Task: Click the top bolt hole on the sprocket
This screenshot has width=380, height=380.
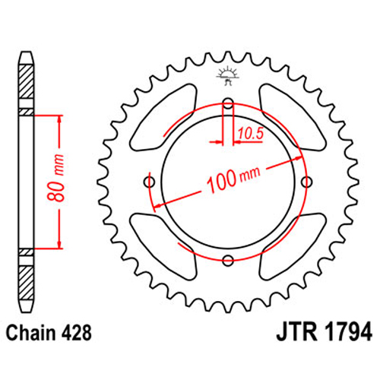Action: coord(228,103)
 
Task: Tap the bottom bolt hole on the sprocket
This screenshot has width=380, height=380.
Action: coord(228,260)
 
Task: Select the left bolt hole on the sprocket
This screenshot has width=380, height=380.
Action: coord(149,182)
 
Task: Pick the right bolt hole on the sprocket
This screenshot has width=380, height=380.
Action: coord(307,182)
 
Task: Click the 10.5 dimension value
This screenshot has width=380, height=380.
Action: coord(251,134)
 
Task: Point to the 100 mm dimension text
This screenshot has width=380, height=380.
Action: coord(233,179)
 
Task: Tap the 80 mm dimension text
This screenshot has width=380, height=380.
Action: coord(55,178)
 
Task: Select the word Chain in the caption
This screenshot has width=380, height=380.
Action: coord(30,333)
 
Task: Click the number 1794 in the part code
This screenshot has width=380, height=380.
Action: coord(348,332)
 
